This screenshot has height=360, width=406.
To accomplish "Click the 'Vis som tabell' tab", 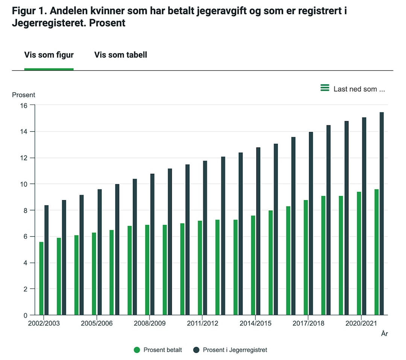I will point(121,55).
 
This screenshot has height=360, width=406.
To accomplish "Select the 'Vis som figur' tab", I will point(49,55).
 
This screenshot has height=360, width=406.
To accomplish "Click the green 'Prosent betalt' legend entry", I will point(158,350).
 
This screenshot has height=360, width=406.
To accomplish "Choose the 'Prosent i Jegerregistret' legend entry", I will point(230,350).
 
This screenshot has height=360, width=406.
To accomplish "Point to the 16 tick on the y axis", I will point(24,105).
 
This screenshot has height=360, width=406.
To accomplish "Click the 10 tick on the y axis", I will point(24,184).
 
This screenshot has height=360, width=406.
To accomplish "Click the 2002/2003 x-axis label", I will point(44,323).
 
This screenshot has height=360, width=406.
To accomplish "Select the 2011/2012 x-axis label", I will point(202,323).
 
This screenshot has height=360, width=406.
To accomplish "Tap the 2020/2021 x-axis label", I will point(361,323).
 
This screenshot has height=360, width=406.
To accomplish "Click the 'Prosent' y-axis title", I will point(24,95).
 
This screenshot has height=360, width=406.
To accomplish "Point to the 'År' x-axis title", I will point(384,334).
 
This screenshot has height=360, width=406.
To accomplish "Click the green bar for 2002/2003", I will point(41,278).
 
